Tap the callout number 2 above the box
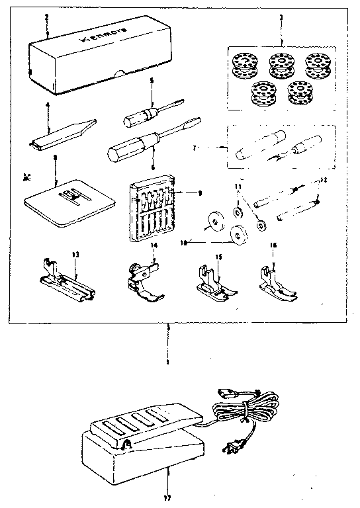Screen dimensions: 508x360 46,15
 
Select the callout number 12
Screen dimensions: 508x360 324,180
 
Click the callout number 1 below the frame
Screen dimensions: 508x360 168,362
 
